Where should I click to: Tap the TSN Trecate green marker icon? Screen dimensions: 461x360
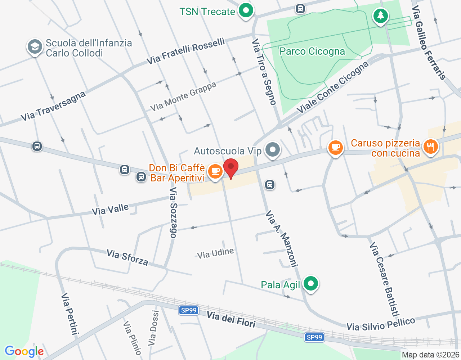coord(246,10)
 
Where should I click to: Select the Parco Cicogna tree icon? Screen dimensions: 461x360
coord(380,16)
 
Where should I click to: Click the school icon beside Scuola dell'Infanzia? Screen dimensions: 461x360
coord(35,47)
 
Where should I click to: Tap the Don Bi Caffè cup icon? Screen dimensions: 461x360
coord(215,171)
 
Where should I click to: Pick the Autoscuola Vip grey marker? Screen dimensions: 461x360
coord(273,149)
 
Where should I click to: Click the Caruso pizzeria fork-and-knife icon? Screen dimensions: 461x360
coord(430,147)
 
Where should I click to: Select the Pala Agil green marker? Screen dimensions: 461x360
coord(310,284)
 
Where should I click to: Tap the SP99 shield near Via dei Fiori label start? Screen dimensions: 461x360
coord(189,310)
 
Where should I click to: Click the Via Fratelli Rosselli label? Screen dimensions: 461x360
coord(185,51)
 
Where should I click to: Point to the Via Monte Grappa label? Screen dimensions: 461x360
coord(183,96)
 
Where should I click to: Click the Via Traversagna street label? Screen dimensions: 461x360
coord(53,106)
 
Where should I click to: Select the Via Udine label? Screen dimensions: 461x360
coord(215,253)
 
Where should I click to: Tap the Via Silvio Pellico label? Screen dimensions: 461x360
coord(381,324)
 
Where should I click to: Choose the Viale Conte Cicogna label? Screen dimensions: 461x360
coord(333,87)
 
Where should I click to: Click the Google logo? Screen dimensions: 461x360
coord(24,351)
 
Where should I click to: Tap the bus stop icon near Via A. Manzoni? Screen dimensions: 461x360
coord(269,185)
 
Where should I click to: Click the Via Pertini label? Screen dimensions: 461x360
coord(70,314)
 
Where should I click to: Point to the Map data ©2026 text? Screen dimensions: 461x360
coord(430,355)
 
